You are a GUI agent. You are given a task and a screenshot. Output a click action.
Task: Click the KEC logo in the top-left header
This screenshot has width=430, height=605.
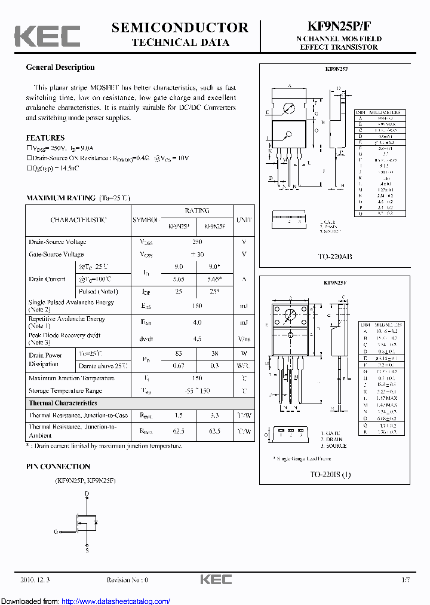pos(47,36)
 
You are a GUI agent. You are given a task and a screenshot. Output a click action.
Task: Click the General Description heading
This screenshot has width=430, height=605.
pos(60,68)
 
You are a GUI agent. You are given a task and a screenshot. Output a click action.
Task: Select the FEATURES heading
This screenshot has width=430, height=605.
pos(45,137)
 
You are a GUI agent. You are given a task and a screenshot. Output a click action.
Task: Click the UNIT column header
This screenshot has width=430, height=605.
pos(244,219)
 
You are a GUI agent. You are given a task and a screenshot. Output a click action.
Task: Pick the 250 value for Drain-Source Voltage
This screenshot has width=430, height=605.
pos(197,242)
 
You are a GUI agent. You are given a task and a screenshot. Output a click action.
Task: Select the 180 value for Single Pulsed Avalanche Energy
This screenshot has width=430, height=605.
pos(197,305)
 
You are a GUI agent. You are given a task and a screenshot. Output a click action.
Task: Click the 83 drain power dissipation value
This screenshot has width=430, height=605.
pos(179,353)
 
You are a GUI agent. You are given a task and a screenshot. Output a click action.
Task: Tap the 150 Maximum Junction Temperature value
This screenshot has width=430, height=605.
pos(197,378)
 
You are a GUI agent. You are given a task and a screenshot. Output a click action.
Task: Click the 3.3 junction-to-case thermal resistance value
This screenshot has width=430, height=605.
pos(214,415)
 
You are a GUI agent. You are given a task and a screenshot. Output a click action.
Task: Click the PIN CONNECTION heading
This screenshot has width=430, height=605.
pos(58,466)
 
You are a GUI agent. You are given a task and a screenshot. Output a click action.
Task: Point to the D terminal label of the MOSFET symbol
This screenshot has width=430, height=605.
pos(87,494)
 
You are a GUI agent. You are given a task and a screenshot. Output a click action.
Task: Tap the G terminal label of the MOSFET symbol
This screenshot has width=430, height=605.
pos(56,531)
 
